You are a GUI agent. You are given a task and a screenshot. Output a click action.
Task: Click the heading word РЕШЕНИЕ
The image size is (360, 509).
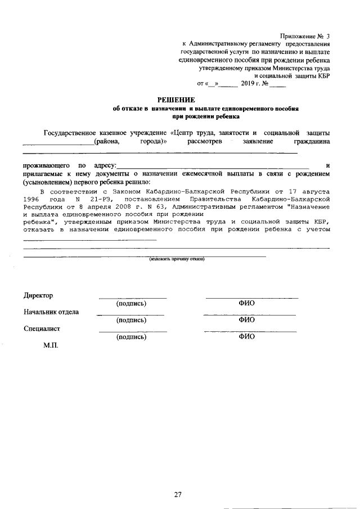pyautogui.click(x=180, y=100)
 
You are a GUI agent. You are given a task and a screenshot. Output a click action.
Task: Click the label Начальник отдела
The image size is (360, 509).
pyautogui.click(x=51, y=312)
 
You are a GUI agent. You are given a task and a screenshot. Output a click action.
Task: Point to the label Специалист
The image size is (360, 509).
pyautogui.click(x=42, y=329)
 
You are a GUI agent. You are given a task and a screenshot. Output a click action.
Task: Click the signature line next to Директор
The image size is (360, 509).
pyautogui.click(x=133, y=297)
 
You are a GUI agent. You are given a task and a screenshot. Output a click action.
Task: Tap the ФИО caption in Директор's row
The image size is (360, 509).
pyautogui.click(x=246, y=303)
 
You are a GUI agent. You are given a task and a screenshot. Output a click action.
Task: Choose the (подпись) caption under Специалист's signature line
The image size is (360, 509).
pyautogui.click(x=132, y=337)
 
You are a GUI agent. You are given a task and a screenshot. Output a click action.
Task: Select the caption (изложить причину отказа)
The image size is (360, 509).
pyautogui.click(x=177, y=259)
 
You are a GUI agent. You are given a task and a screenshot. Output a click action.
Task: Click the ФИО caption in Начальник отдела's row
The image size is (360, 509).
pyautogui.click(x=246, y=320)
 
